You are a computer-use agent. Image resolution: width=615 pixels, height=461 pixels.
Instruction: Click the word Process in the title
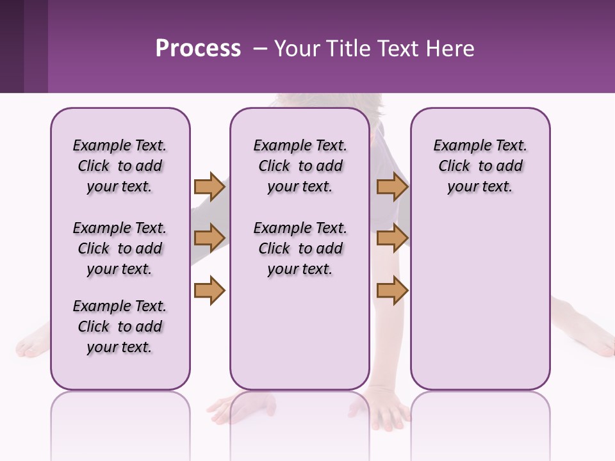coord(198,49)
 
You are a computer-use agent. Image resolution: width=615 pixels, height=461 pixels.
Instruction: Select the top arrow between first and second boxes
coord(209,187)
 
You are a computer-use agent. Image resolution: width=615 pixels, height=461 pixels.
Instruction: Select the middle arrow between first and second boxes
coord(209,239)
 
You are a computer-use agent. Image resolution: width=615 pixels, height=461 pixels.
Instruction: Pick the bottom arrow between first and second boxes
coord(209,291)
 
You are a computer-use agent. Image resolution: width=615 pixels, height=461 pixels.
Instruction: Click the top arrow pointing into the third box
coord(392,187)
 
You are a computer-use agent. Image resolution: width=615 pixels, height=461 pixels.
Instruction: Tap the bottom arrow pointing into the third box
coord(392,291)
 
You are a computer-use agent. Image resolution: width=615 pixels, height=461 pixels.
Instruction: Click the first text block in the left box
coord(120,166)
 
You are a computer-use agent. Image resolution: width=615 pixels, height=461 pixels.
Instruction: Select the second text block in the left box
coord(120,248)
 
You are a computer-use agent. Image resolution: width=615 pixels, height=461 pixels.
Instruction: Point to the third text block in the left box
coord(120,327)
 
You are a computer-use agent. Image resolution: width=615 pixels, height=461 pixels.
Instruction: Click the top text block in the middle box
coord(300,166)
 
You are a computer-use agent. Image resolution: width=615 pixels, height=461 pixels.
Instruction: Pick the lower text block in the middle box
coord(300,248)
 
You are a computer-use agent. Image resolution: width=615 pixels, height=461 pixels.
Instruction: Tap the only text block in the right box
coord(480,166)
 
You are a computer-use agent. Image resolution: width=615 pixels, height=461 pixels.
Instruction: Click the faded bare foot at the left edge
coord(32,344)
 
